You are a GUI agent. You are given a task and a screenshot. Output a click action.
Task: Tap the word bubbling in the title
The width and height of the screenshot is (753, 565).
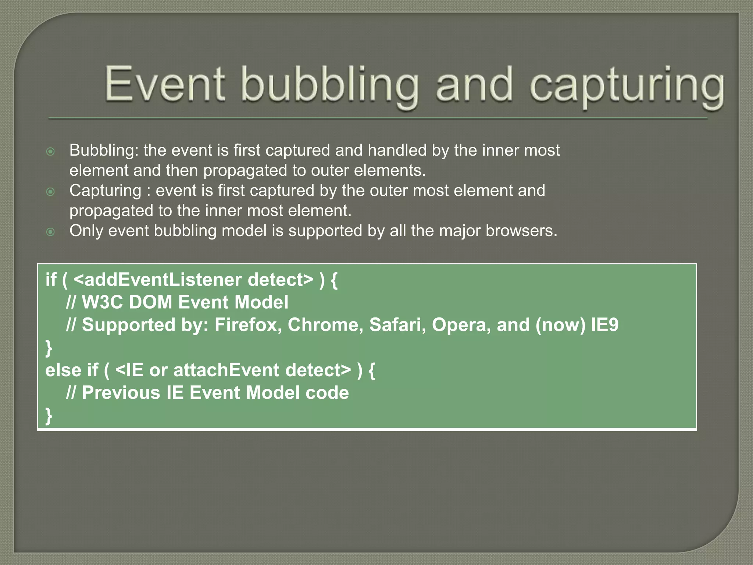click(330, 86)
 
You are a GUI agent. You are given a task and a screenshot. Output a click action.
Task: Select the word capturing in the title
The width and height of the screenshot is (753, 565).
click(627, 86)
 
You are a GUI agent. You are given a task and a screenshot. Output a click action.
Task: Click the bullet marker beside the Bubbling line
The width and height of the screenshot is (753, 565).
click(51, 152)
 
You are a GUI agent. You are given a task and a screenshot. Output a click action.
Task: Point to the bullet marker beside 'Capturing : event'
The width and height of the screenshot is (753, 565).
click(51, 192)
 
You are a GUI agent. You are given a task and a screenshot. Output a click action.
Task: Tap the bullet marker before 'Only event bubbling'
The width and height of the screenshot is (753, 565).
click(51, 232)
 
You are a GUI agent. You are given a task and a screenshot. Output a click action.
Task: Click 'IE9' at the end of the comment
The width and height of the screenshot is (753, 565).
click(604, 325)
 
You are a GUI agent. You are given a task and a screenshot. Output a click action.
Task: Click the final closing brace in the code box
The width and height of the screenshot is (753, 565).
click(49, 416)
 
